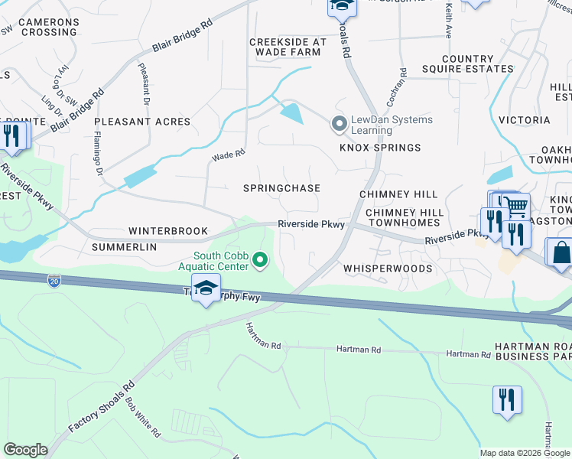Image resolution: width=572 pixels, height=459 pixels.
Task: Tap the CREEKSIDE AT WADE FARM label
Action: (288, 47)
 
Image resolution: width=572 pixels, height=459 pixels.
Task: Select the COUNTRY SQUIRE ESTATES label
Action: (478, 64)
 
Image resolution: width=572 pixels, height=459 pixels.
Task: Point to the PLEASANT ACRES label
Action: (142, 122)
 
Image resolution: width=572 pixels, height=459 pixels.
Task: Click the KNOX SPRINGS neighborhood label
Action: (380, 148)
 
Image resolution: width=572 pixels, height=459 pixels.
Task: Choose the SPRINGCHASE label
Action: (281, 188)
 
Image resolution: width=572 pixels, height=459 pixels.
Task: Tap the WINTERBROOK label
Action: (167, 230)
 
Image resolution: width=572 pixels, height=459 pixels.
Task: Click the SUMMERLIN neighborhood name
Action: (124, 248)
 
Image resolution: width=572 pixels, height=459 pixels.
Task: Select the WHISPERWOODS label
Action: (387, 269)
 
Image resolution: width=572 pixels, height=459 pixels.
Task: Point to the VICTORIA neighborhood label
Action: (524, 120)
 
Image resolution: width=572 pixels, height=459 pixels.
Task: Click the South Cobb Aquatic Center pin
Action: (261, 261)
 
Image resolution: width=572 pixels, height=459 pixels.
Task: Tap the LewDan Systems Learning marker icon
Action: (338, 123)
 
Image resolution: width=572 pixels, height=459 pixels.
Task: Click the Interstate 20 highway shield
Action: (54, 281)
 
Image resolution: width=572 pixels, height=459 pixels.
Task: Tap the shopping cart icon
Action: (517, 206)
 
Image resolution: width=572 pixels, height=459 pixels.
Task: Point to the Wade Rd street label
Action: (228, 155)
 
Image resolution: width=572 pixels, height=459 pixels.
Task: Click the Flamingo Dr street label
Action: (98, 156)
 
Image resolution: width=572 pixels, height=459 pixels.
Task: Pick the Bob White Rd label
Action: (144, 417)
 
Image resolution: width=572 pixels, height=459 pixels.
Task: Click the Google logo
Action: (25, 450)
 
